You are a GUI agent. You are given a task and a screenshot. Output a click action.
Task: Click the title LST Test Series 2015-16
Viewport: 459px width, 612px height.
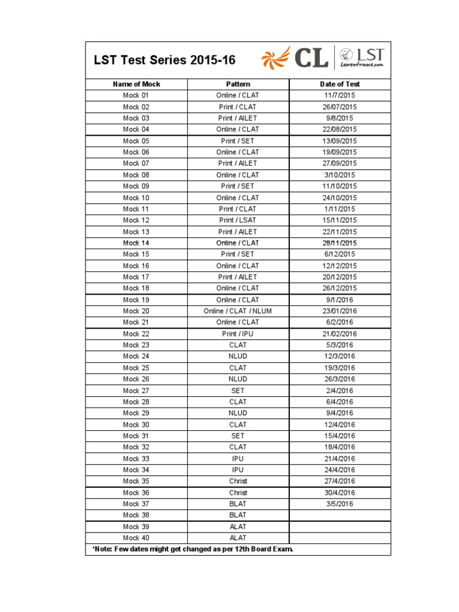164,60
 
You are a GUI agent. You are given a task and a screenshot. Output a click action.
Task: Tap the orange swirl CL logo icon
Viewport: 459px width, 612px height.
276,59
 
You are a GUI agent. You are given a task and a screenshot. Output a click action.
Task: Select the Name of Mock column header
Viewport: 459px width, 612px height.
136,84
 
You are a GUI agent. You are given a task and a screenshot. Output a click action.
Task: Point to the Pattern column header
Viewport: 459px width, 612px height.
238,84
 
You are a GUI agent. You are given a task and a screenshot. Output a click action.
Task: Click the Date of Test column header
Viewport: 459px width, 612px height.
339,84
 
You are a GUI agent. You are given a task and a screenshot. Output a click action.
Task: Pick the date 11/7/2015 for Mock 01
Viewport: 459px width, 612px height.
339,96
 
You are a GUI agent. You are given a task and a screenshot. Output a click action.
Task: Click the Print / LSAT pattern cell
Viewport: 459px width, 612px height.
238,221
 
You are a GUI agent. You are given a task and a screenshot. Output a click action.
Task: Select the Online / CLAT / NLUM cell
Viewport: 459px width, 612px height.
238,311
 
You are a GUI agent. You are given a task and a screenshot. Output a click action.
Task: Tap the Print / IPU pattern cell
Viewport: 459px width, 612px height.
238,334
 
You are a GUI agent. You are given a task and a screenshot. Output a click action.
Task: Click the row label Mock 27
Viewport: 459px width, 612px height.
136,391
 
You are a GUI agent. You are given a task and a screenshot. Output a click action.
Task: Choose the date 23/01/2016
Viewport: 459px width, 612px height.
339,311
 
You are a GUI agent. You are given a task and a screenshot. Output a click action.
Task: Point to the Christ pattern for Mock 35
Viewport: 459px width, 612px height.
238,481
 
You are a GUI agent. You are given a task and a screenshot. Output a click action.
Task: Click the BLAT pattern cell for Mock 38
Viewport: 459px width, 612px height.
238,515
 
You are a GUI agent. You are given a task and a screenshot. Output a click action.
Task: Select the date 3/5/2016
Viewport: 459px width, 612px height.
339,504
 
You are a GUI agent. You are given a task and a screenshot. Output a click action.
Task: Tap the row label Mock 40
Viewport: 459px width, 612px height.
136,538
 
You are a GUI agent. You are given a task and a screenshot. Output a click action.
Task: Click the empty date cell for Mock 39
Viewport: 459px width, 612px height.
339,527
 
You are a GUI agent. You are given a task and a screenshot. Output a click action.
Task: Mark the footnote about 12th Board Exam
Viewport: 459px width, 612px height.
192,549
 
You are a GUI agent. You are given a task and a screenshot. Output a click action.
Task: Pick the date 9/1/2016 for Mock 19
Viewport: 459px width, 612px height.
339,300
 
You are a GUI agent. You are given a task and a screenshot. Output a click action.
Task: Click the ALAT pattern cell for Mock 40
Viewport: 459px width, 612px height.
238,538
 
